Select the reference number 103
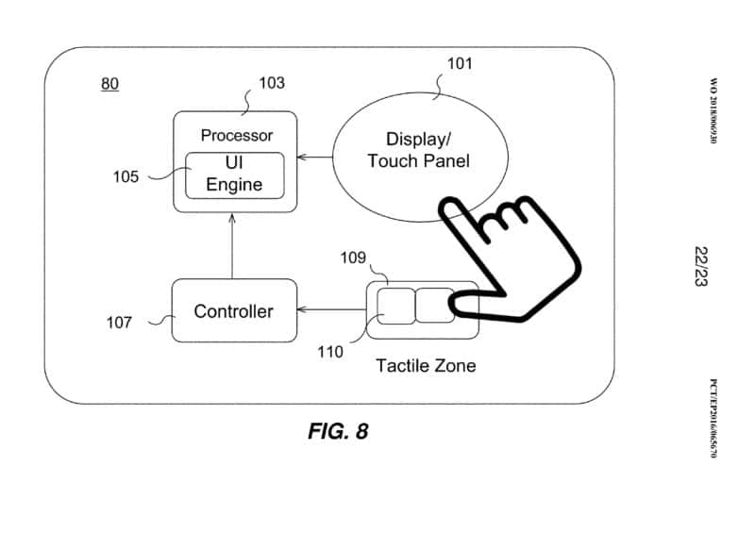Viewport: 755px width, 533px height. [271, 83]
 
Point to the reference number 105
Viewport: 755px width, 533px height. [126, 176]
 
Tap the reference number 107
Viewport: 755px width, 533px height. [119, 323]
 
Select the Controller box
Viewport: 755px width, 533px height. [233, 310]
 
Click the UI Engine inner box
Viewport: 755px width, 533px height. [234, 175]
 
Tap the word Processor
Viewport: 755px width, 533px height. [237, 136]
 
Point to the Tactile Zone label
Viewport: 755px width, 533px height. [426, 365]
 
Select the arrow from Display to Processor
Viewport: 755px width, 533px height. [314, 158]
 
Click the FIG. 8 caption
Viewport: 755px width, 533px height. [338, 432]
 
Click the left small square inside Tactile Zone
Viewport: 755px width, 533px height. [395, 305]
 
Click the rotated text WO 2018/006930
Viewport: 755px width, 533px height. [713, 110]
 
